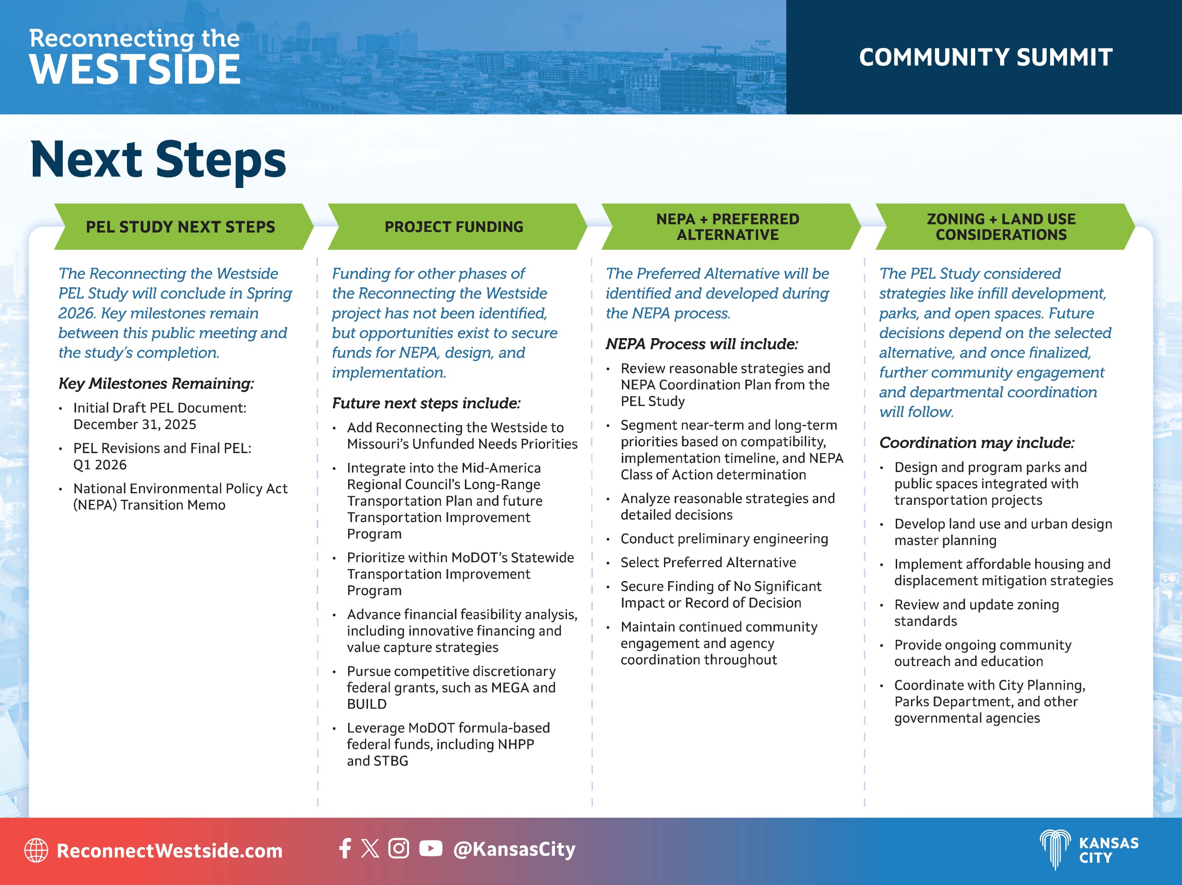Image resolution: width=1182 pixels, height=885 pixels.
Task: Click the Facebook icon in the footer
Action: pos(345,848)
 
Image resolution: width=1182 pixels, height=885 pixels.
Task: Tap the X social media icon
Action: pos(370,848)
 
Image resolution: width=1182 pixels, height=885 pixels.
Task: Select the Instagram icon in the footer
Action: pos(398,848)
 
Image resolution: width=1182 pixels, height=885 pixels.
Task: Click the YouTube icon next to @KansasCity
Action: pos(431,848)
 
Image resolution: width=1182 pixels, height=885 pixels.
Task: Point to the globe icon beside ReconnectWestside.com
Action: pos(36,850)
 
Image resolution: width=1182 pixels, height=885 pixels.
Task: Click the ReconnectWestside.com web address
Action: pos(169,850)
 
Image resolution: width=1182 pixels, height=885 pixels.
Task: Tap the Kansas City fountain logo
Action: pos(1055,850)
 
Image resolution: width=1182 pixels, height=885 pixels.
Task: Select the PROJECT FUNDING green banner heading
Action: pos(454,227)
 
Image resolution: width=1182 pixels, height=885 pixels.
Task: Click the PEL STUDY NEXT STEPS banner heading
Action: pos(181,227)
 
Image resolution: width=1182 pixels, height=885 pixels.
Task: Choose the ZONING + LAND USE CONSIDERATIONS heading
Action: pos(1001,227)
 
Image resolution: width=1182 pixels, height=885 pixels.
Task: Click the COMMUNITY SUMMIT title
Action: pos(985,57)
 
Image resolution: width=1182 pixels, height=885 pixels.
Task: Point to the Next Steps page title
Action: pos(158,159)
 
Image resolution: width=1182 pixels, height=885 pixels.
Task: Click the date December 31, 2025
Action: pos(135,424)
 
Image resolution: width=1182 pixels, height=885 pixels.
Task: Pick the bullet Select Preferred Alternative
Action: pos(708,562)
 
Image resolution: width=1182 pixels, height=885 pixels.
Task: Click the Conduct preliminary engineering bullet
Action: pos(724,539)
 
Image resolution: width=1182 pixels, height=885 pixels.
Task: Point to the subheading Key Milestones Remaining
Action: pos(156,383)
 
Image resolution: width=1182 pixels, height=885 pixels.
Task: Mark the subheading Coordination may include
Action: pos(977,442)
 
